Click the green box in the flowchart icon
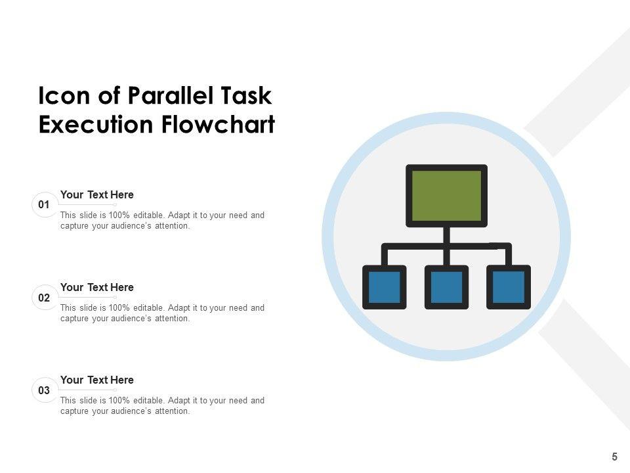pos(446,195)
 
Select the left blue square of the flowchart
pos(385,287)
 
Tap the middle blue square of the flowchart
pos(446,287)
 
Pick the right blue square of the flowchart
pos(509,287)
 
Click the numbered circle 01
pos(44,204)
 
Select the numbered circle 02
pos(44,298)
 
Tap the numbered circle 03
pos(44,390)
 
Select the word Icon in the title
pos(61,96)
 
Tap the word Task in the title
pos(247,96)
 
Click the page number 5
pos(615,457)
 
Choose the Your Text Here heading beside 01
pos(97,194)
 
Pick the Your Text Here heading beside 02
pos(97,287)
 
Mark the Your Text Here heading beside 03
pos(97,380)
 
